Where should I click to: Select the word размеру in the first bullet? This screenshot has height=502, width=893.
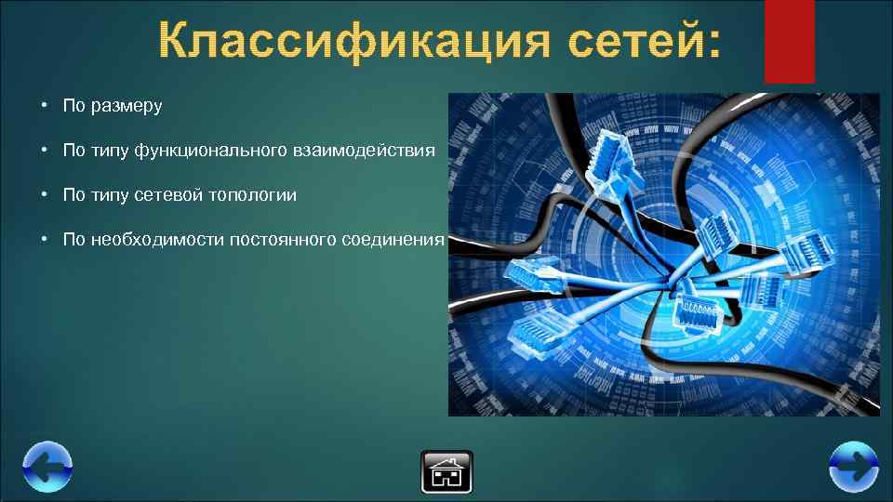click(x=126, y=106)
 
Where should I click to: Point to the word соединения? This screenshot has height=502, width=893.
click(x=393, y=240)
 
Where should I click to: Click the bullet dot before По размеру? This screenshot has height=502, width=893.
click(x=44, y=106)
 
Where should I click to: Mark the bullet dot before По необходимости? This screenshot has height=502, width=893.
click(x=44, y=240)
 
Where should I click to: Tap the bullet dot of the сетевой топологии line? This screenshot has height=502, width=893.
click(x=44, y=195)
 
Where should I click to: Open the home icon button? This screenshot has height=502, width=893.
click(x=446, y=471)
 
